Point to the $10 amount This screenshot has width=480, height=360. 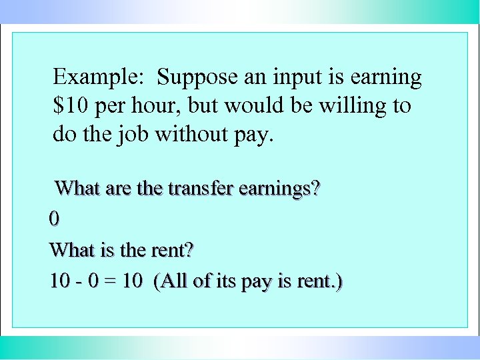pos(71,106)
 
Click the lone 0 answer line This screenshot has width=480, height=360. pos(54,219)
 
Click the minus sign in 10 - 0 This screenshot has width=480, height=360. pos(79,282)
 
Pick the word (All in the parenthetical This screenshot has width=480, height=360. pos(170,282)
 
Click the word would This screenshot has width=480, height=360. pos(259,106)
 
